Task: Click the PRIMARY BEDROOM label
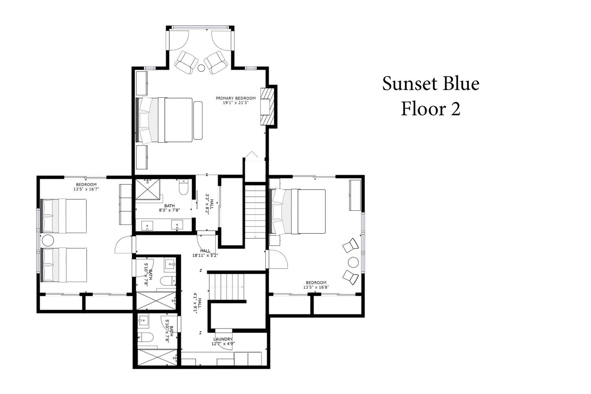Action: point(236,98)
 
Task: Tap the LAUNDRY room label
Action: point(223,339)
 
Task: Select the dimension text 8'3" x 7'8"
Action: point(169,210)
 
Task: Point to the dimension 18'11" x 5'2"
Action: point(205,255)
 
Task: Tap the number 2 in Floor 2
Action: point(455,109)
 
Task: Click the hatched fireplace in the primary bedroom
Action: point(267,107)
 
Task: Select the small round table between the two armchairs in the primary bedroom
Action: point(201,68)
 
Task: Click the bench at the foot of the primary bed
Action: point(198,120)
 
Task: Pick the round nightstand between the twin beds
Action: point(48,240)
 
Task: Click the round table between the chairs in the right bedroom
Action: point(353,262)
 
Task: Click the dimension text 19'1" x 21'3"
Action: point(236,103)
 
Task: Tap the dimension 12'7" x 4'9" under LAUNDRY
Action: point(223,344)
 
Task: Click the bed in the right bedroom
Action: point(297,212)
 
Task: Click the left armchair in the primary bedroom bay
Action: point(186,63)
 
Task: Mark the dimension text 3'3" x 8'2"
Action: point(209,205)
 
